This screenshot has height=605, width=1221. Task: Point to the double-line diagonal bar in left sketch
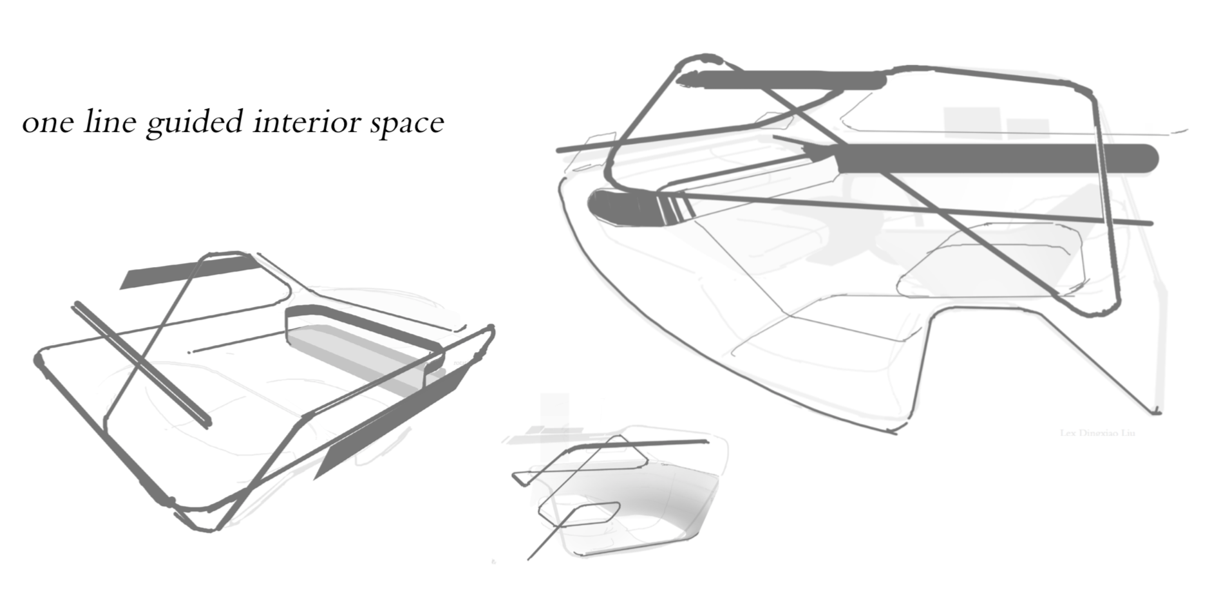coord(142,364)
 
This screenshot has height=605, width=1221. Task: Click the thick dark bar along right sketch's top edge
coord(786,80)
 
